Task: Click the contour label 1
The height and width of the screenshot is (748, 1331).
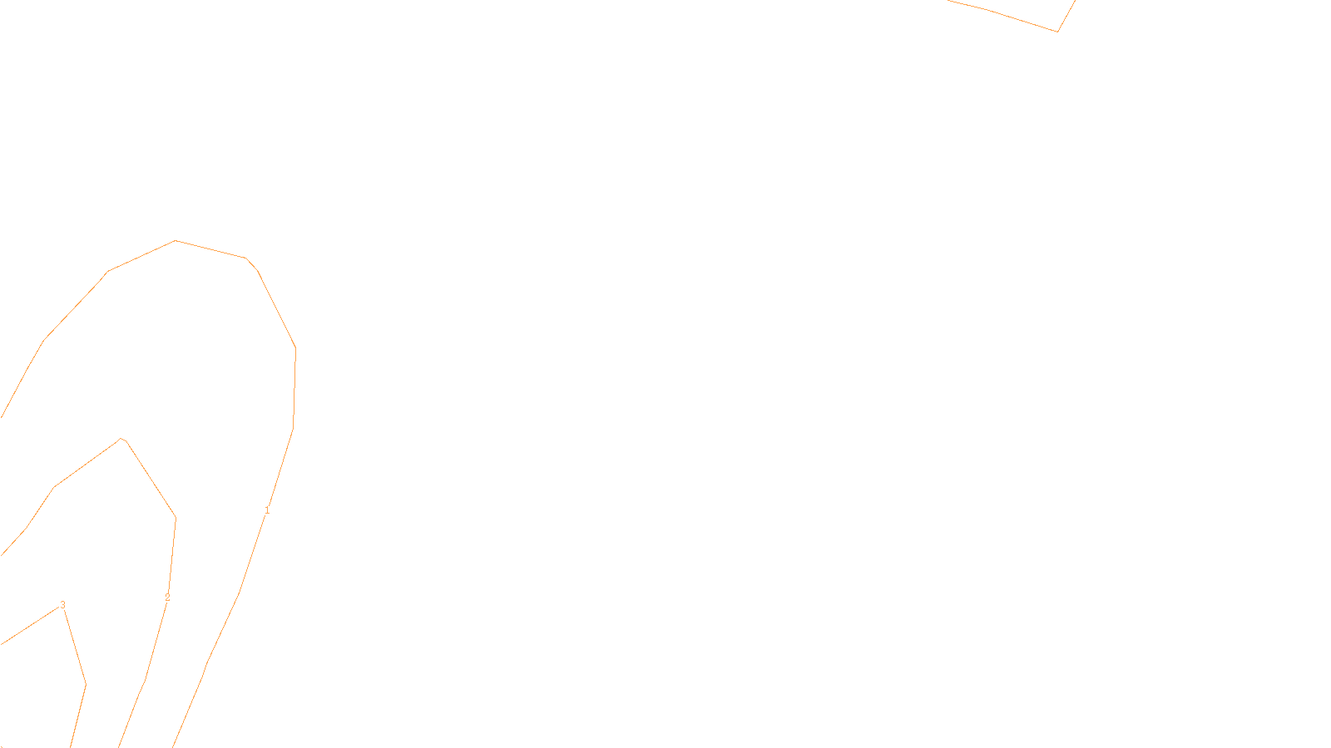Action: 267,509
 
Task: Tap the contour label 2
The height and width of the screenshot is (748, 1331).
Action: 167,597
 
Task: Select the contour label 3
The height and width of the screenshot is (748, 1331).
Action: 62,604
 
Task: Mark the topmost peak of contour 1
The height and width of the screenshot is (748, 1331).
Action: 175,241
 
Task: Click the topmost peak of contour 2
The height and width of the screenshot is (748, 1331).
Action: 121,439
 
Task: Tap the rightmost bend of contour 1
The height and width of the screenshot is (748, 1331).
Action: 295,349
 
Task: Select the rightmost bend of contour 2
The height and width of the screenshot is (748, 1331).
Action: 176,519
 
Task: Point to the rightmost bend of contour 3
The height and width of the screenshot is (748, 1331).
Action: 86,684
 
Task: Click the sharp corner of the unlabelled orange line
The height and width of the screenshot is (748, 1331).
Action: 1057,32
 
